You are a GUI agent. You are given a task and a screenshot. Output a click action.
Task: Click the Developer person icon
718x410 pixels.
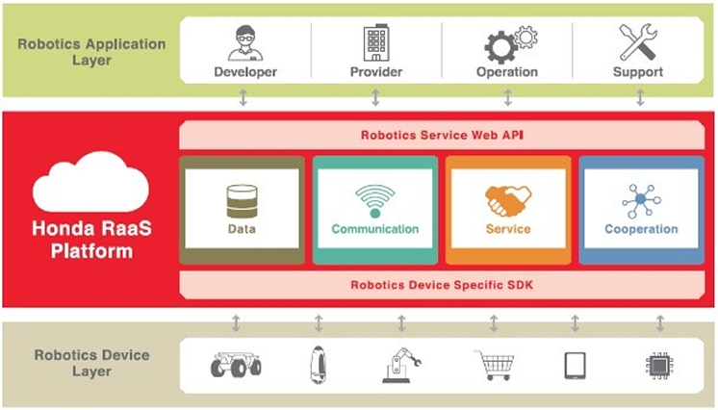click(x=244, y=42)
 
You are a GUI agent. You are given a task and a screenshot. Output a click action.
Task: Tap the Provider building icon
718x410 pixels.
click(x=375, y=42)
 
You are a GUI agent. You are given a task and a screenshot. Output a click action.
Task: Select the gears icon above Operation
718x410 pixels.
click(x=507, y=43)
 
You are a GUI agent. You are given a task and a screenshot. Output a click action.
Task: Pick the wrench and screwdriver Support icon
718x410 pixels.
click(x=637, y=42)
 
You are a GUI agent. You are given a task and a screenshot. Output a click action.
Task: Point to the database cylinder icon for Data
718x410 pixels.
click(x=242, y=201)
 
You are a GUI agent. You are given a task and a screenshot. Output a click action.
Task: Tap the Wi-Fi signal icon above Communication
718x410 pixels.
click(x=374, y=201)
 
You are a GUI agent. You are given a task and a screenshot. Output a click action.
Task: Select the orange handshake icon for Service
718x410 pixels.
click(x=508, y=200)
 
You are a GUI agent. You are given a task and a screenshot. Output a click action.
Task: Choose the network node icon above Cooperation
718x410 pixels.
click(x=641, y=201)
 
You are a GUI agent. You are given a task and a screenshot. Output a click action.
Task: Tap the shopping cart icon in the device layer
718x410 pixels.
click(x=493, y=366)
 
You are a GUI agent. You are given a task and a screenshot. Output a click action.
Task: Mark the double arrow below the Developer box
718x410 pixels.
click(x=244, y=97)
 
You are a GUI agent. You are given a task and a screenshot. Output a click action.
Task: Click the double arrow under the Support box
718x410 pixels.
click(x=639, y=97)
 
